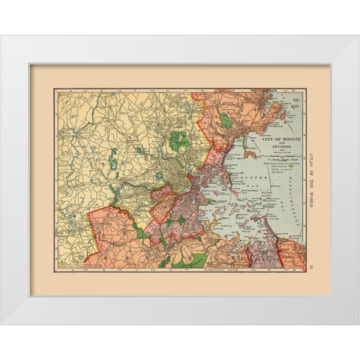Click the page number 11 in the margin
(x=310, y=264)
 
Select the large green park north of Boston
(x=178, y=140)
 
